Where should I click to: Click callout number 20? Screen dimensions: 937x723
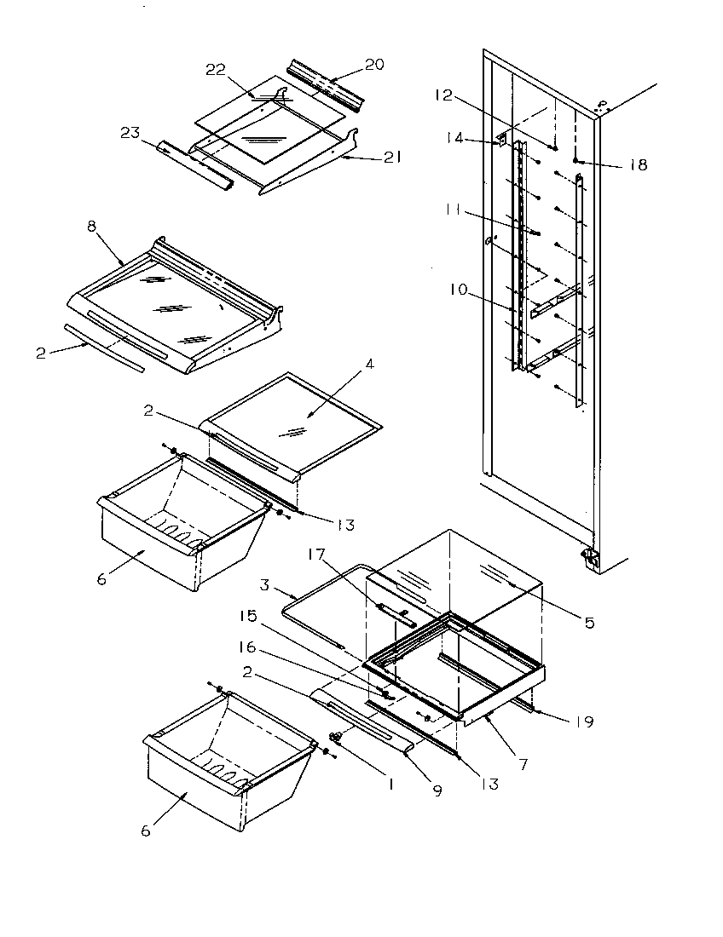[x=375, y=64]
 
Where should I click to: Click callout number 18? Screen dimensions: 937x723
[x=637, y=165]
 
